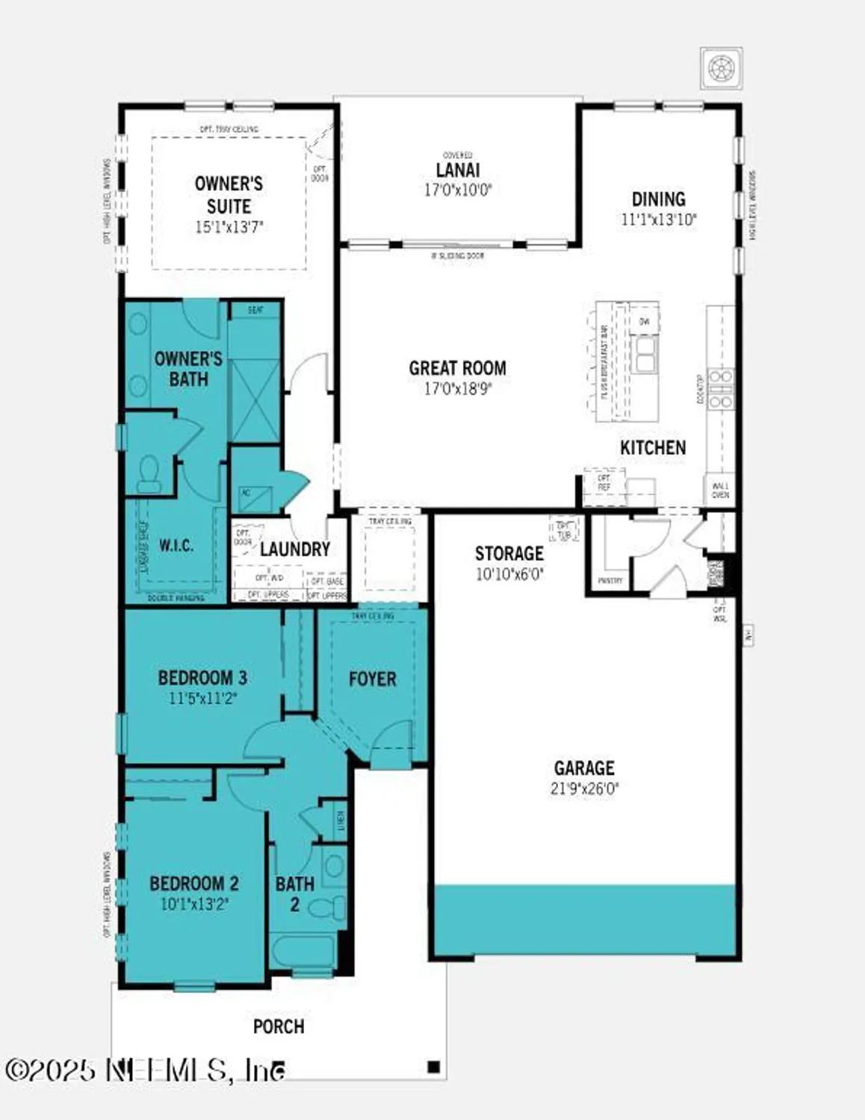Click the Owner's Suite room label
tap(229, 195)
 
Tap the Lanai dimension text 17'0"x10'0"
tap(457, 190)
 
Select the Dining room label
tap(658, 199)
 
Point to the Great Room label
tap(457, 368)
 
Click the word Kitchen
tap(652, 447)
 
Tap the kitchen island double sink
tap(645, 353)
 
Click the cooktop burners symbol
tap(721, 389)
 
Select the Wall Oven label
tap(720, 490)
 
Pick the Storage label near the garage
tap(509, 553)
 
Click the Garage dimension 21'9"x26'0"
tap(584, 788)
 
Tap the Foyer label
tap(372, 679)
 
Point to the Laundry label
tap(294, 550)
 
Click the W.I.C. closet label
tap(176, 546)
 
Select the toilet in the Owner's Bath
tap(149, 474)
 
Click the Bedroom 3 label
tap(202, 678)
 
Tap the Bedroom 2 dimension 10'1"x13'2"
tap(194, 904)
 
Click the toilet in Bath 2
tap(326, 909)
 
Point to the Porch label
tap(279, 1027)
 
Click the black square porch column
tap(433, 1067)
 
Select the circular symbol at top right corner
tap(721, 69)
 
